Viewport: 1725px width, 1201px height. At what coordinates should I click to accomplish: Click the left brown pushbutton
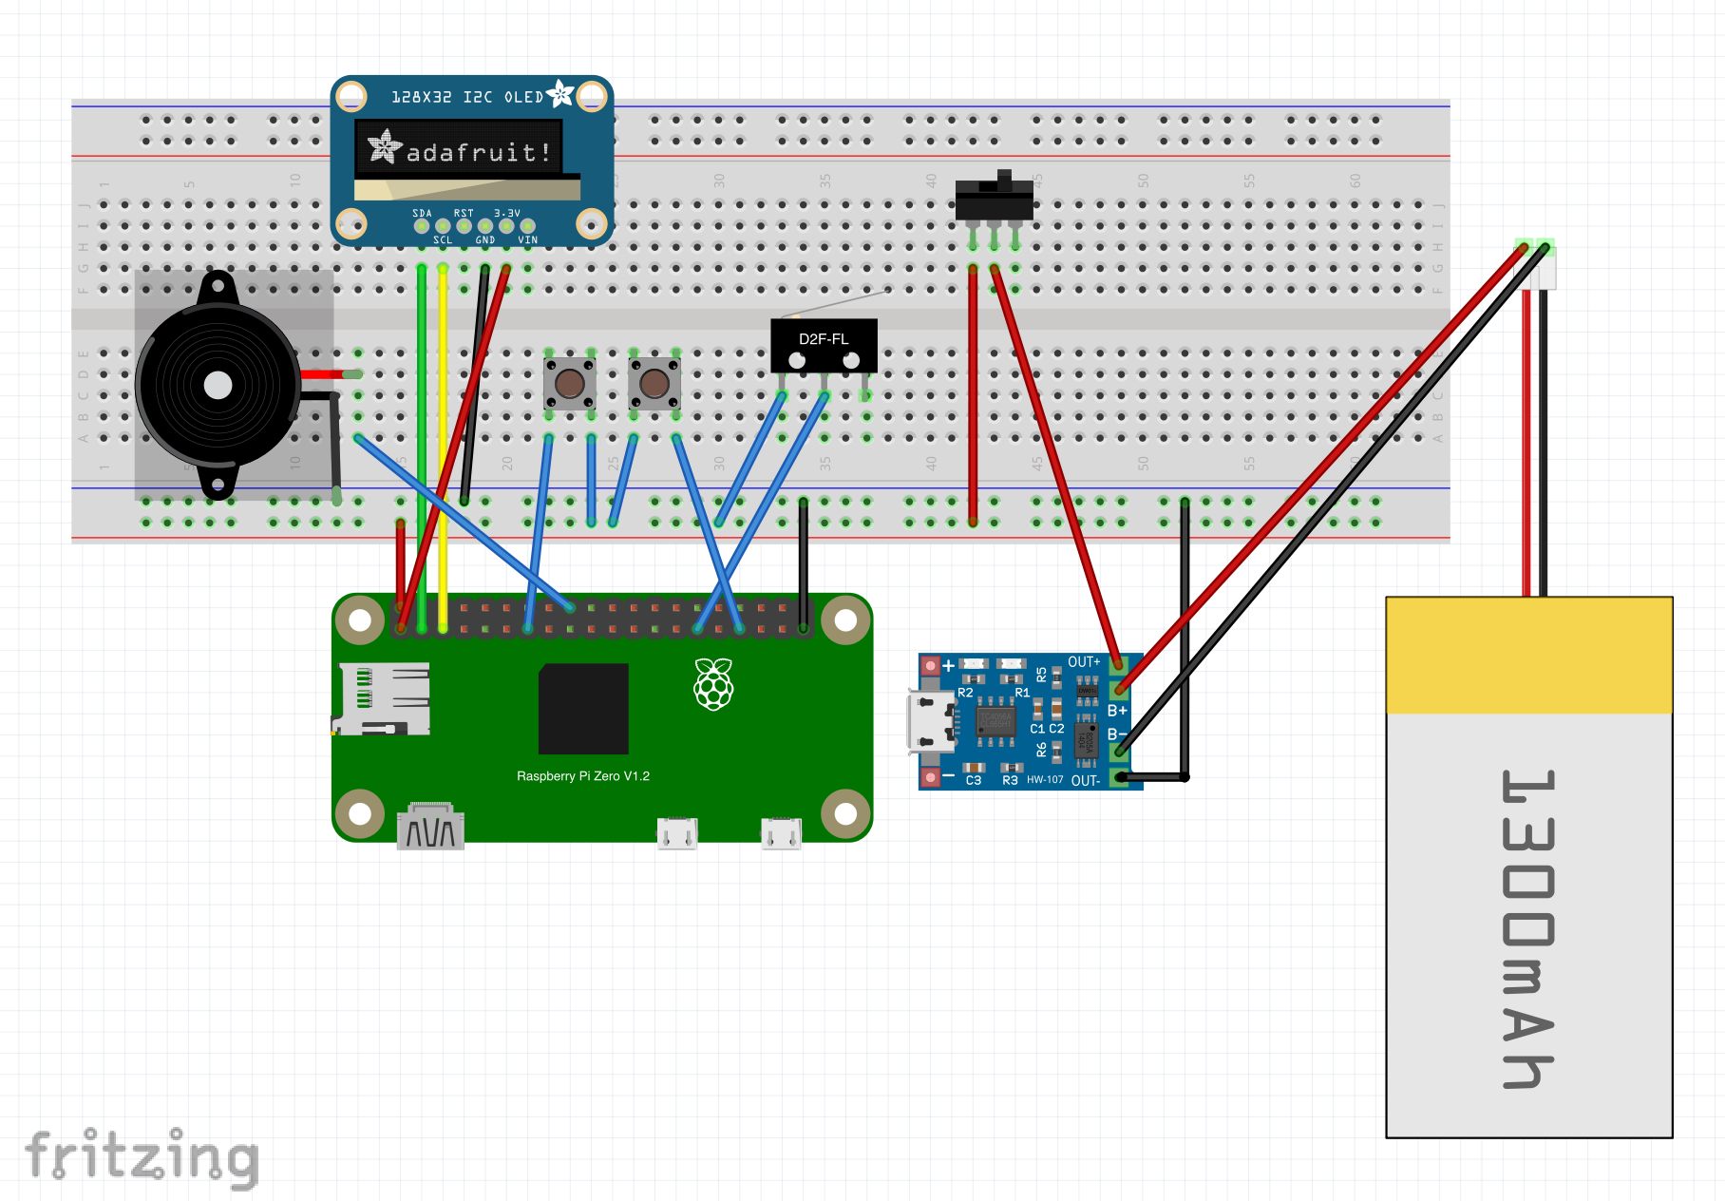click(x=570, y=384)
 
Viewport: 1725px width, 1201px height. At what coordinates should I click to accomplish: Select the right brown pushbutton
click(x=654, y=384)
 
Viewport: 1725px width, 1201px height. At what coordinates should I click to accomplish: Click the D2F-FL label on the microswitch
click(x=823, y=339)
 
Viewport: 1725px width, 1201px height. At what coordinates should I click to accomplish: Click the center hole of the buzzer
click(x=218, y=386)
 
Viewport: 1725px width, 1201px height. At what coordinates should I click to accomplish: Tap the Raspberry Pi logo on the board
click(x=713, y=684)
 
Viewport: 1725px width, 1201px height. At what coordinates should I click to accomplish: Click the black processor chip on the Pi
click(x=583, y=709)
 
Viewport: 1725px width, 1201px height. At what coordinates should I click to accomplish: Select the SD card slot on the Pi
click(x=384, y=698)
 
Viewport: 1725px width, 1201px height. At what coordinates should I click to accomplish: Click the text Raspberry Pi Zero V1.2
click(x=582, y=776)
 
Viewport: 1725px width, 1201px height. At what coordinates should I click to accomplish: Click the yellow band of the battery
click(x=1528, y=656)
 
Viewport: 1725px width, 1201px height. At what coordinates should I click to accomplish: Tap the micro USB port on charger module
click(x=931, y=722)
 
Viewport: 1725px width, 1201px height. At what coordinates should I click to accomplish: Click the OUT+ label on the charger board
click(x=1084, y=662)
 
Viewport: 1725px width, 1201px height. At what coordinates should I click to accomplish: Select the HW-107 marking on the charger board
click(x=1045, y=780)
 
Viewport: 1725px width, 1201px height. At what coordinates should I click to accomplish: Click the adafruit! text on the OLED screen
click(x=478, y=152)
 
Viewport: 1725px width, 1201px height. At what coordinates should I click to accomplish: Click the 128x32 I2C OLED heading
click(x=467, y=97)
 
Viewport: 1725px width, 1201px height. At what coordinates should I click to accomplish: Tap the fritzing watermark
click(x=142, y=1156)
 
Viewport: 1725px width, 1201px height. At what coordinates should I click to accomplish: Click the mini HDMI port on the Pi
click(x=430, y=829)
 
